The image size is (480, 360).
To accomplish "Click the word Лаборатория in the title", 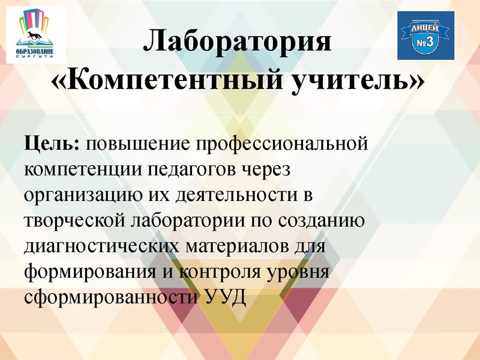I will click(x=238, y=44).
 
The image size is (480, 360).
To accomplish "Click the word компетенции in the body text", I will click(x=82, y=170).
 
